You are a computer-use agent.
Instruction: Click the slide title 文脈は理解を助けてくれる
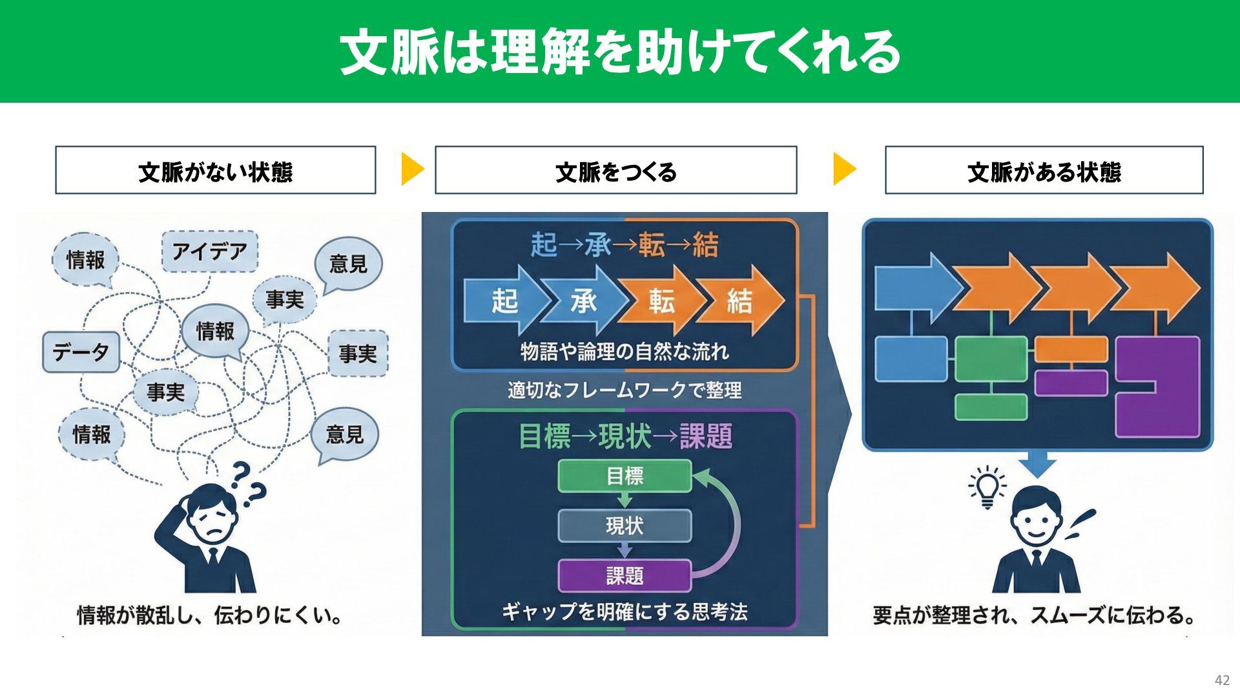pos(619,52)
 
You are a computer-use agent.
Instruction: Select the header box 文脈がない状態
pos(215,170)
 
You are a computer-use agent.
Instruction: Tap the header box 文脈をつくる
pos(615,170)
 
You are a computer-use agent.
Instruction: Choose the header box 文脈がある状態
pos(1044,170)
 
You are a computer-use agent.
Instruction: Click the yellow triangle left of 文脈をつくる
pos(412,169)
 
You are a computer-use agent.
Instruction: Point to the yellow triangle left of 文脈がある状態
pos(844,169)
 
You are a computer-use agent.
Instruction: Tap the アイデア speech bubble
pos(209,251)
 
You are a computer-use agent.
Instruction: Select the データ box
pos(81,352)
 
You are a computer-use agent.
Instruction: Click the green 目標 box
pos(625,476)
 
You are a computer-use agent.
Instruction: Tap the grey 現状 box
pos(625,525)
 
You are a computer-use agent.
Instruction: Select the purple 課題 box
pos(625,575)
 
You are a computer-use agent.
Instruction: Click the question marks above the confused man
pos(247,483)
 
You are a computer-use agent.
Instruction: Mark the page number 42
pos(1222,680)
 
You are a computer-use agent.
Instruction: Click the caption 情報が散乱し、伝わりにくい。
pos(210,615)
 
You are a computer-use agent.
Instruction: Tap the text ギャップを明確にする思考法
pos(625,611)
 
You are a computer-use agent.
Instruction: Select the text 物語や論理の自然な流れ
pos(625,352)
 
